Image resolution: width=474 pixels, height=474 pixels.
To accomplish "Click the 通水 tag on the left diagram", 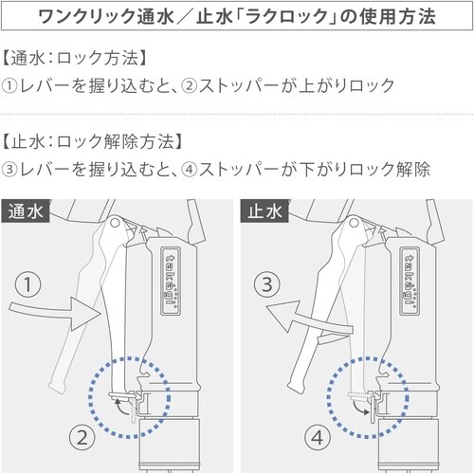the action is pos(26,210).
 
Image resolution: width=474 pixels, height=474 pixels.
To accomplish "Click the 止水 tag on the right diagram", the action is pos(264,210).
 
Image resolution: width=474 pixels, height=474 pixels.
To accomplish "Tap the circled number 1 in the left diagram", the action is pos(28,284).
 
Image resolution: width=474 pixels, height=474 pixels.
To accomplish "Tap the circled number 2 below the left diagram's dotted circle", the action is pos(82,438).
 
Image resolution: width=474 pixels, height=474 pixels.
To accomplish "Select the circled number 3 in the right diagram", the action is pos(267,284).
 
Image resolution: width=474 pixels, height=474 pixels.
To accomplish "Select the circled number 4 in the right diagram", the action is pos(318,438).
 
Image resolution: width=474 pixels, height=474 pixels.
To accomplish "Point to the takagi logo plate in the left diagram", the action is pos(171,281).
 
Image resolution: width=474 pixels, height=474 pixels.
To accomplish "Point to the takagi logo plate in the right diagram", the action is pos(410,281).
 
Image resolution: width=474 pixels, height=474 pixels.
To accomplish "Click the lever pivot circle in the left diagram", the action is pos(115,223).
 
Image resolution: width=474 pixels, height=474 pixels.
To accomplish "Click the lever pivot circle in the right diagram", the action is pos(354,223).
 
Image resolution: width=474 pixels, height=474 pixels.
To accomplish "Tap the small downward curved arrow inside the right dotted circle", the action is pos(361,407).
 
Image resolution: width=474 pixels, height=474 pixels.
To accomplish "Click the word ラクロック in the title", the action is pos(286,16).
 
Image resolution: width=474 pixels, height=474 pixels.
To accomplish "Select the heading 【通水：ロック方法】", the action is pos(75,58).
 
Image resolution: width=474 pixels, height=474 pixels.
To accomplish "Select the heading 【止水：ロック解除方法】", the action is pos(92,141).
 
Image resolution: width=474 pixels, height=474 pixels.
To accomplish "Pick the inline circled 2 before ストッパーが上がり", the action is pos(190,86).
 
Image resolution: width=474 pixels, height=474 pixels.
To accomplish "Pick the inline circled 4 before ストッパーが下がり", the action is pos(190,170).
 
